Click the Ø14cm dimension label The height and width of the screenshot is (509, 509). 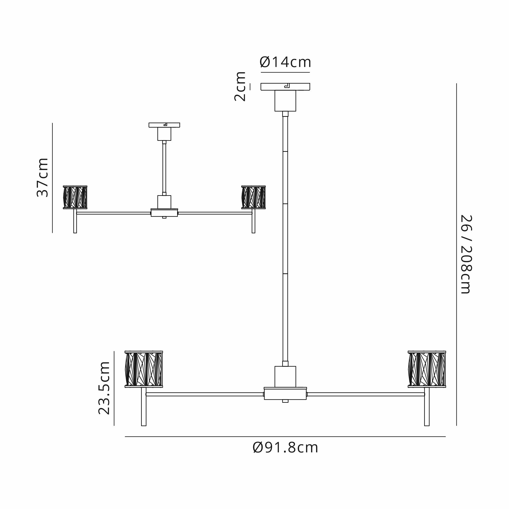(x=285, y=62)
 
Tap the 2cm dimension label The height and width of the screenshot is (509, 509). (x=240, y=87)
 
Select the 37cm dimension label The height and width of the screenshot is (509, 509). (x=43, y=178)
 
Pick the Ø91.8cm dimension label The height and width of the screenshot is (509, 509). (x=285, y=448)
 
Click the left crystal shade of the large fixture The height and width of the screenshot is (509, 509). (x=144, y=369)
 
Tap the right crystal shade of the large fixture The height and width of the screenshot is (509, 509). (x=427, y=369)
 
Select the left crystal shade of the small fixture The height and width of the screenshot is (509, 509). (x=75, y=197)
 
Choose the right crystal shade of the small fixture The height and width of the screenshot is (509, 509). (x=253, y=197)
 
